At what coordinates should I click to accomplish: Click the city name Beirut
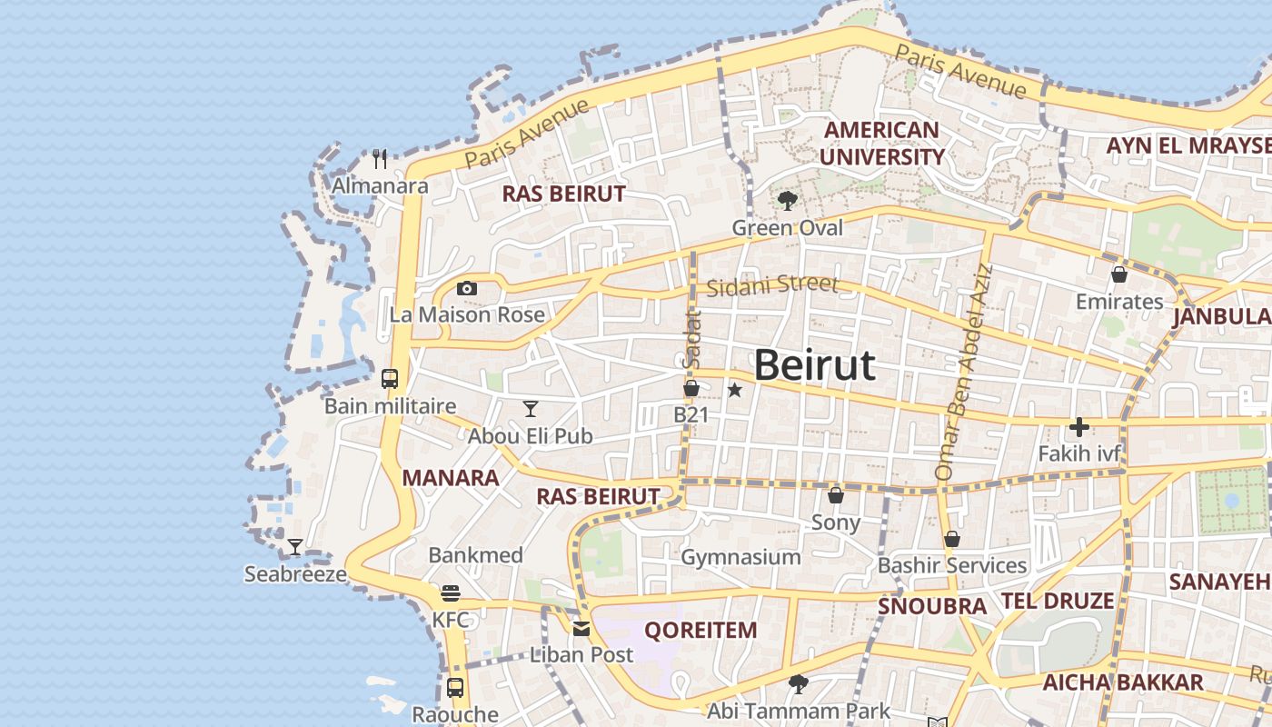tap(815, 365)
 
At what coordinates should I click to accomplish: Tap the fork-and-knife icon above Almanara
tap(380, 159)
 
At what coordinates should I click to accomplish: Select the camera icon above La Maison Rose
tap(467, 288)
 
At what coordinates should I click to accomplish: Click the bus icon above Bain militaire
tap(390, 379)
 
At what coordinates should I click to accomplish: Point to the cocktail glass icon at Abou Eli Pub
tap(531, 409)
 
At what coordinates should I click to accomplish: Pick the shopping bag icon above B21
tap(691, 389)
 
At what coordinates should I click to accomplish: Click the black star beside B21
tap(735, 390)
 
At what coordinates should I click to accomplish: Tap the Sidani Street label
tap(772, 284)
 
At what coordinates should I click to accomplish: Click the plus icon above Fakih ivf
tap(1079, 426)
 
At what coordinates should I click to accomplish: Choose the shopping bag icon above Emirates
tap(1119, 274)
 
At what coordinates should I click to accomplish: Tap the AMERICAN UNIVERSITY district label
tap(881, 144)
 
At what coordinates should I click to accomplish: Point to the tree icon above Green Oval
tap(787, 201)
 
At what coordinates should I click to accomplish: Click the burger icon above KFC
tap(451, 593)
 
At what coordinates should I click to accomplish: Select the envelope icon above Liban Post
tap(581, 628)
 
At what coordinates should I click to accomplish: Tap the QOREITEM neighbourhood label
tap(700, 630)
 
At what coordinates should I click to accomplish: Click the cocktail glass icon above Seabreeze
tap(295, 547)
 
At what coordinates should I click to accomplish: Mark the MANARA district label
tap(451, 478)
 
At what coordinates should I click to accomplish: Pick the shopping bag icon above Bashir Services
tap(952, 539)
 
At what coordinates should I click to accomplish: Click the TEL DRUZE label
tap(1058, 601)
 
